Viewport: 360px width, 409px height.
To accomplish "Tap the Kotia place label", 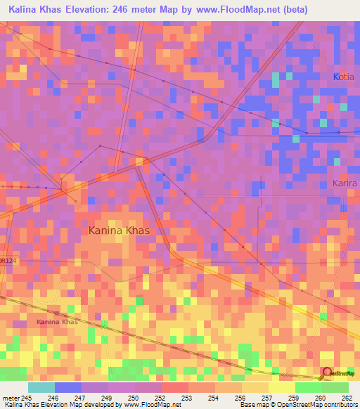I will tap(344, 76).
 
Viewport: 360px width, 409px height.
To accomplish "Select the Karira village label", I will tap(345, 183).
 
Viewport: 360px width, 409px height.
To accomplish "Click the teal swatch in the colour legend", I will tap(41, 387).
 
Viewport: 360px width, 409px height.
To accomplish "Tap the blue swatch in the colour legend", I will tap(67, 387).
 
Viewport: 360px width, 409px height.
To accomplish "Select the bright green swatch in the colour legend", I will tap(308, 387).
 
